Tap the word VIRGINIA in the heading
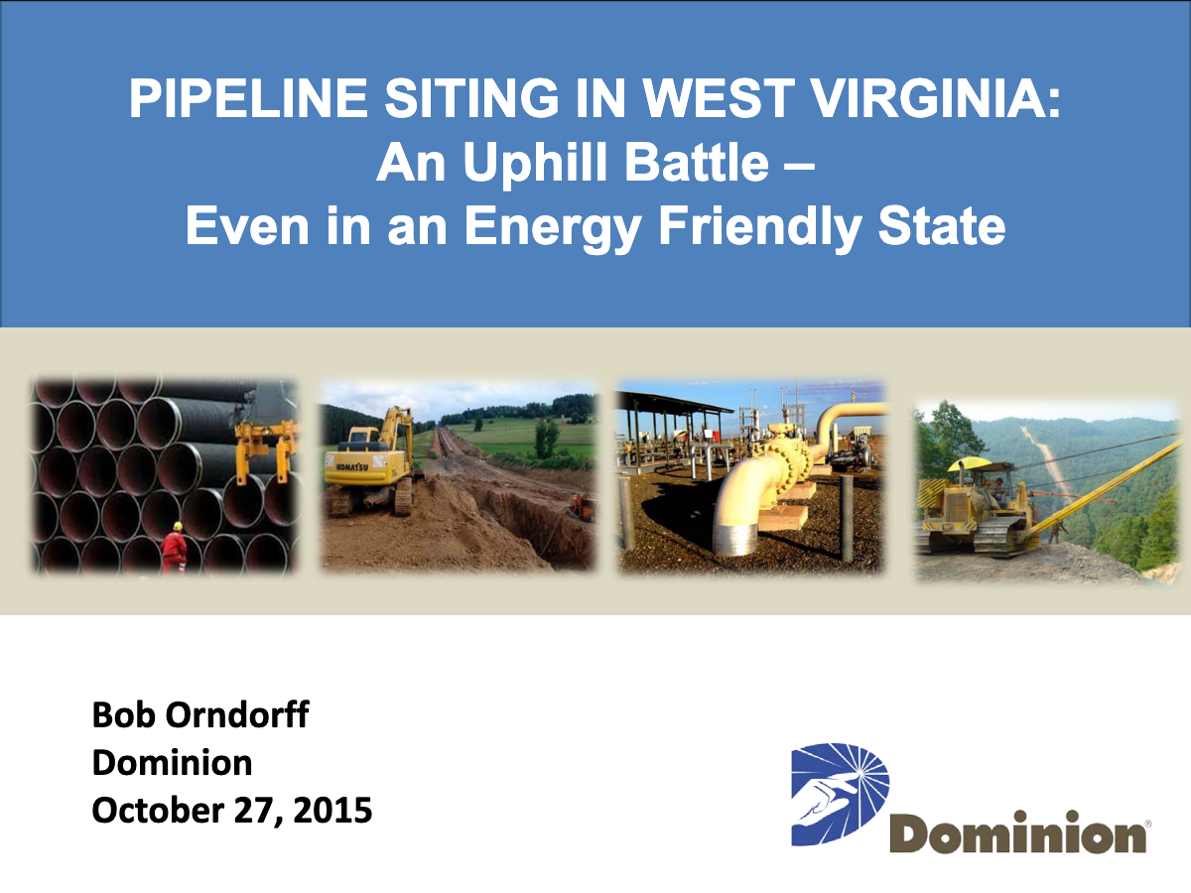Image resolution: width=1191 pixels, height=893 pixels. coord(936,98)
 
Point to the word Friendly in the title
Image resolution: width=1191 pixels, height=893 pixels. coord(759,226)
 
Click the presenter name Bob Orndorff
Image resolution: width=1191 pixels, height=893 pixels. coord(200,714)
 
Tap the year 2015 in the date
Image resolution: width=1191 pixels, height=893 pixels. coord(332,810)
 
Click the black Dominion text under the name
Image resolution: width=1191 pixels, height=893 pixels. coord(172,763)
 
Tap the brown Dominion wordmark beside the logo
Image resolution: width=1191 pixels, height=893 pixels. coord(1018,831)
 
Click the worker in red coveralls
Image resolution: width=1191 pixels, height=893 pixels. coord(174,548)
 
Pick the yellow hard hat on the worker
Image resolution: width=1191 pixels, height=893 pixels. coord(178,526)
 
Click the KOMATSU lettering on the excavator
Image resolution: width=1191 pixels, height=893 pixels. coord(351,466)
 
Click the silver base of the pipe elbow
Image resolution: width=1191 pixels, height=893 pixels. coord(735,538)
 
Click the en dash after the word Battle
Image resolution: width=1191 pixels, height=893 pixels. coord(799,168)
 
